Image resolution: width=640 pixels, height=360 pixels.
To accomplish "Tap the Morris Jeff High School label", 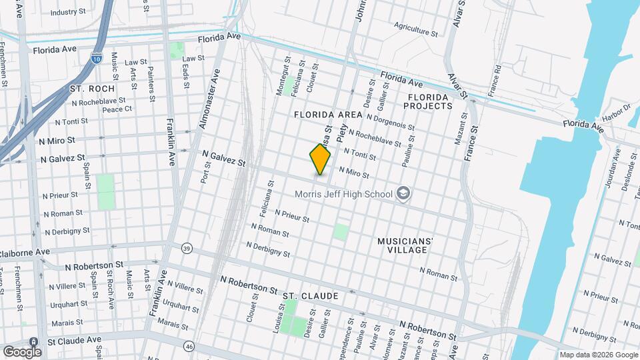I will point(344,194).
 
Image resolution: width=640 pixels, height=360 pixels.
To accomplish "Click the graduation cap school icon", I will point(403,194).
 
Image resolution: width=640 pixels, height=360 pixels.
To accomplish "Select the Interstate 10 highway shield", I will point(97,59).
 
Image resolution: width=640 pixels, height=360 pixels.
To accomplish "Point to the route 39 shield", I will point(187,249).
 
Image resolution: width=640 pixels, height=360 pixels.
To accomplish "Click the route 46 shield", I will point(189,346).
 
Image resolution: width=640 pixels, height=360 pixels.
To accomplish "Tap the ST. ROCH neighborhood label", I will point(92,88).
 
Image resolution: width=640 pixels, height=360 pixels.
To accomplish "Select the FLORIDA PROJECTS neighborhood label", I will point(430,101).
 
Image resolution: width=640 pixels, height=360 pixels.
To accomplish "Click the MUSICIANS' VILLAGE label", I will point(405,245).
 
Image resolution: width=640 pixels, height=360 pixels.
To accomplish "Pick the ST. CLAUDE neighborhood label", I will point(310,295).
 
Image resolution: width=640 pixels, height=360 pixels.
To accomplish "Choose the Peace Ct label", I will point(117,109).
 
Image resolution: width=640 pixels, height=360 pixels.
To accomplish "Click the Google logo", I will point(22,351).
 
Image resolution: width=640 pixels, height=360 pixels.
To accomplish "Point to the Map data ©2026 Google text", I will point(597,355).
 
